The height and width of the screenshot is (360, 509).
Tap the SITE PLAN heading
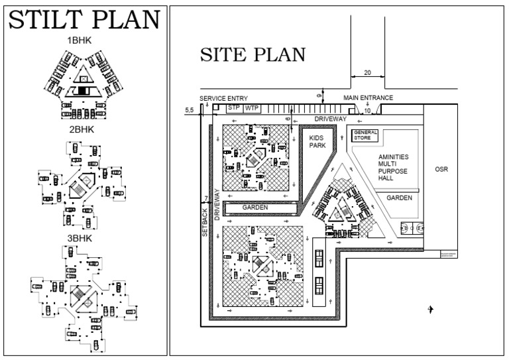click(x=253, y=56)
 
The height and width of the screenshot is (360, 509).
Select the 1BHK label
click(x=80, y=40)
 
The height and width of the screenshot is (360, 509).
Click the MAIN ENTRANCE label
click(x=368, y=98)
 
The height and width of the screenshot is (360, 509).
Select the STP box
click(x=233, y=107)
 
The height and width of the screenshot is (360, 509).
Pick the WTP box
click(x=252, y=107)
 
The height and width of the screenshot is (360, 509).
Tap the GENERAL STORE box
click(x=365, y=136)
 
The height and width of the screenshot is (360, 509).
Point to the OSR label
click(x=441, y=170)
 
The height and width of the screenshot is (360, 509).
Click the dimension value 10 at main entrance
click(x=367, y=110)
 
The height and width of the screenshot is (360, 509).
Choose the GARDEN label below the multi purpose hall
click(x=400, y=198)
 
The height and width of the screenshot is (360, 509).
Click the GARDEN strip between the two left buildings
click(x=255, y=208)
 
